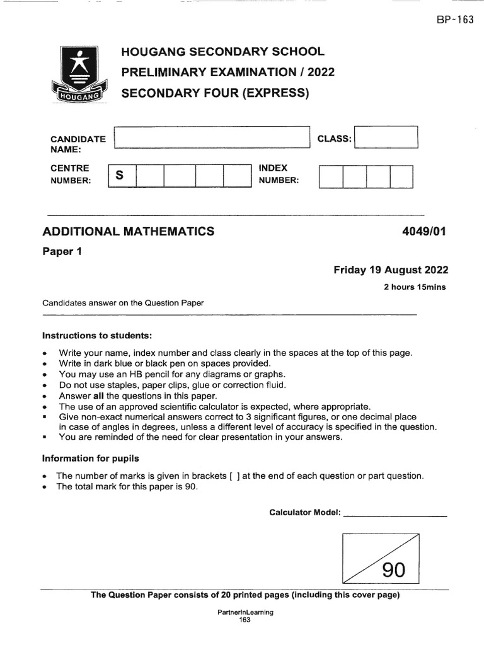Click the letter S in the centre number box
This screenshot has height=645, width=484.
click(118, 176)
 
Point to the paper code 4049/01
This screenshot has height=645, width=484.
click(423, 231)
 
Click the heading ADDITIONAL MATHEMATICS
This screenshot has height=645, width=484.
click(128, 231)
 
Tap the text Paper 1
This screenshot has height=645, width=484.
click(62, 251)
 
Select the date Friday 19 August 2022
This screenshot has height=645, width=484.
click(391, 270)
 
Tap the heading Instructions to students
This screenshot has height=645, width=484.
click(97, 334)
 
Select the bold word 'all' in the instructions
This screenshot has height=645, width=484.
click(98, 396)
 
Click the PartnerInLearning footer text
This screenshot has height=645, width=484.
click(245, 612)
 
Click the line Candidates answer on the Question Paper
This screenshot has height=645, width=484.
click(123, 303)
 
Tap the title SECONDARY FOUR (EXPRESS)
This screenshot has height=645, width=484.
click(216, 94)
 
